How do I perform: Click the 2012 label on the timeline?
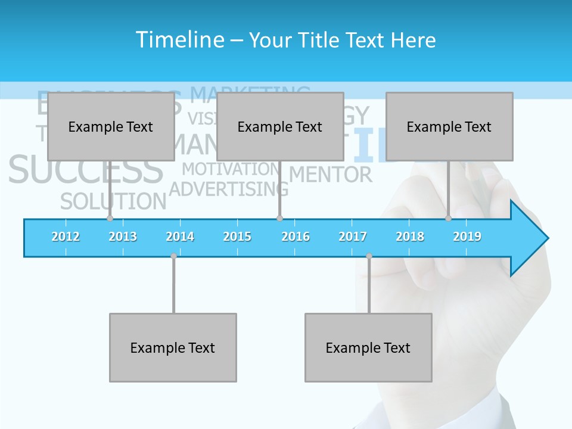coord(66,237)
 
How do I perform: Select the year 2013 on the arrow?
coord(123,237)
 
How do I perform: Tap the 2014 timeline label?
coord(180,237)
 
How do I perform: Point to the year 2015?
coord(237,237)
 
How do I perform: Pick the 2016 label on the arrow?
coord(296,237)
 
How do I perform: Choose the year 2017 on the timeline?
coord(353,237)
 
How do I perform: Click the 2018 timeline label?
coord(410,237)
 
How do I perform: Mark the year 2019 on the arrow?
coord(467,237)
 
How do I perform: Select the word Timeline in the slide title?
coord(179,40)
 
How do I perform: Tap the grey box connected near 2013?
coord(111,127)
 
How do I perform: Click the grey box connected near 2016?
coord(280,127)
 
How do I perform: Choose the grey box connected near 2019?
coord(449,127)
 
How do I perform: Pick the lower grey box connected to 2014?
coord(173,347)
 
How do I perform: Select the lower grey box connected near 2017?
coord(368,347)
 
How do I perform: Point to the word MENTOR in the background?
coord(331,175)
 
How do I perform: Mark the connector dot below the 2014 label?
coord(173,256)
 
